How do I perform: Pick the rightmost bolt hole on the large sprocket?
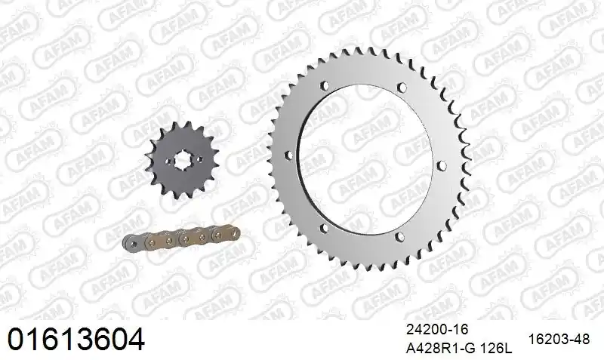439,156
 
